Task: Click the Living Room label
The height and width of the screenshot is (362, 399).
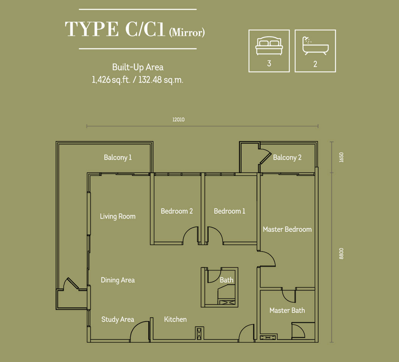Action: pyautogui.click(x=118, y=216)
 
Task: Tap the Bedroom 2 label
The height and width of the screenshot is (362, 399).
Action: pyautogui.click(x=177, y=211)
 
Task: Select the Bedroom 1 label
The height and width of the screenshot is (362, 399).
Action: pyautogui.click(x=229, y=211)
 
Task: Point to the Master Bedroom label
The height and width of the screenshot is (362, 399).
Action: pyautogui.click(x=287, y=229)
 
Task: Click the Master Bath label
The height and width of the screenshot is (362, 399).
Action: pyautogui.click(x=287, y=310)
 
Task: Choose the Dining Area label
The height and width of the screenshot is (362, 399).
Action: pyautogui.click(x=118, y=280)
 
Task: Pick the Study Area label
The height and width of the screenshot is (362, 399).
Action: pyautogui.click(x=118, y=319)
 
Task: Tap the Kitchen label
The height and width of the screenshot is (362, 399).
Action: pyautogui.click(x=175, y=319)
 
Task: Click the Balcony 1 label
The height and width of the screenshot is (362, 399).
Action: pyautogui.click(x=118, y=157)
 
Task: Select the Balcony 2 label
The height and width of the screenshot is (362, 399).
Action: pyautogui.click(x=287, y=157)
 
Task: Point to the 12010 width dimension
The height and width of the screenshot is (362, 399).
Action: pyautogui.click(x=178, y=120)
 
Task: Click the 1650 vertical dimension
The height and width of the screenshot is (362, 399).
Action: pyautogui.click(x=341, y=157)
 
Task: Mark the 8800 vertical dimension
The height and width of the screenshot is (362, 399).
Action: pyautogui.click(x=341, y=254)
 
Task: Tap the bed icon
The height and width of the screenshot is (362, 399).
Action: pyautogui.click(x=269, y=46)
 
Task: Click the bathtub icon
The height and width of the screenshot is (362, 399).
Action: pyautogui.click(x=315, y=46)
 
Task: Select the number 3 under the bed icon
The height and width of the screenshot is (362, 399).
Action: pyautogui.click(x=269, y=63)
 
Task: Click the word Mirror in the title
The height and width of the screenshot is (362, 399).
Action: pyautogui.click(x=187, y=33)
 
